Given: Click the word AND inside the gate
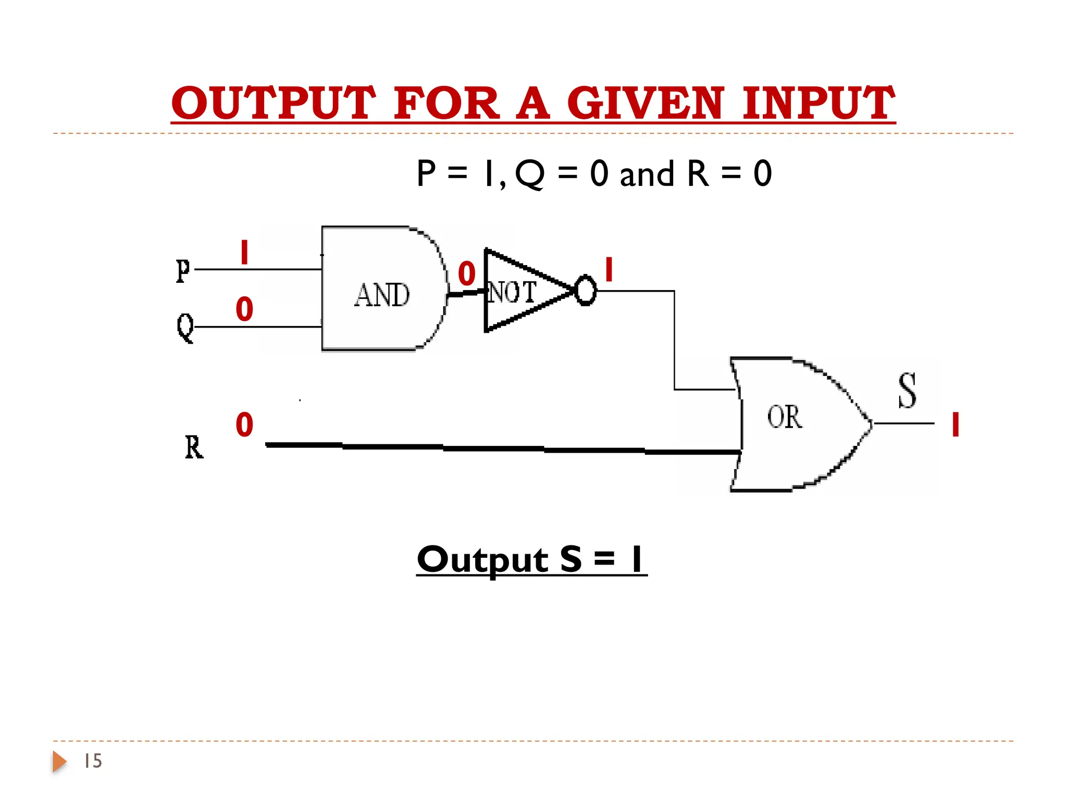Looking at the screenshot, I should coord(382,295).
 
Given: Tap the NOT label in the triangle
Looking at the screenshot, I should coord(512,292).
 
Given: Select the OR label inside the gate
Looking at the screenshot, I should coord(785,417).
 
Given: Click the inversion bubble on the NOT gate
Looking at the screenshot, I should coord(586,291).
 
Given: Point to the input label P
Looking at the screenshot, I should coord(182,270).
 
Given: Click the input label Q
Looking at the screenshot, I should coord(185,327).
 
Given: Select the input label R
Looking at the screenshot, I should coord(194,447).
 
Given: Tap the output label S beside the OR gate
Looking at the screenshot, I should coord(907,391).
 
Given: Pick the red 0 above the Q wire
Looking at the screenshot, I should coord(244,309).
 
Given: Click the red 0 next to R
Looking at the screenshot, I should coord(244,424).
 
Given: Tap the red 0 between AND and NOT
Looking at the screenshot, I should coord(467,274).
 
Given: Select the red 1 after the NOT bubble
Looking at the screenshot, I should coord(609,270).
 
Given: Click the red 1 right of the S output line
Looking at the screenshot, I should coord(956,424).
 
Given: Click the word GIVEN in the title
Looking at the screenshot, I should coord(645,103).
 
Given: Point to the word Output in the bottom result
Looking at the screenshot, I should coord(482,560).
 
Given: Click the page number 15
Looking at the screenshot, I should coord(93,761).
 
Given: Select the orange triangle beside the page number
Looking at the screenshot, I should coord(59,761).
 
